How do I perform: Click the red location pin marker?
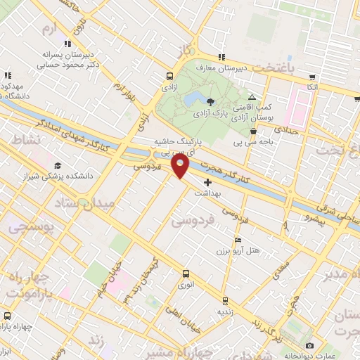pos(181,167)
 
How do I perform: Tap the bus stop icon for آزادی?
pos(169,77)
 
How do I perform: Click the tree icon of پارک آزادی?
pos(210,103)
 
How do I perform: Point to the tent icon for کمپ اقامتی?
pos(252,98)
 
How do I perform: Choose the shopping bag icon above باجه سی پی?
pos(253,130)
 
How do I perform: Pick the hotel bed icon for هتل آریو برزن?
pos(221,240)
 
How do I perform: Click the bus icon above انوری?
pos(186,274)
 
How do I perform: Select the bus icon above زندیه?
pos(224,301)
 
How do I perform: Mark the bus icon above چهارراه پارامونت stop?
pos(7,316)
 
